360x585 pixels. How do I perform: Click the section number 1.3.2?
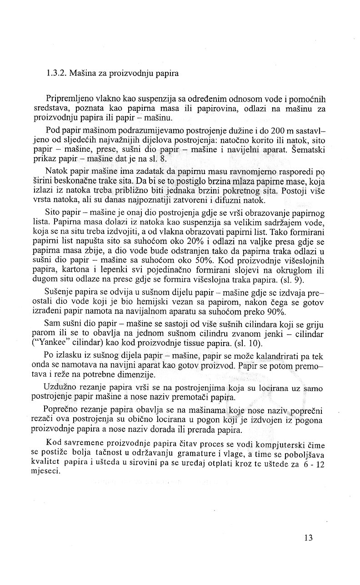click(x=56, y=73)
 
